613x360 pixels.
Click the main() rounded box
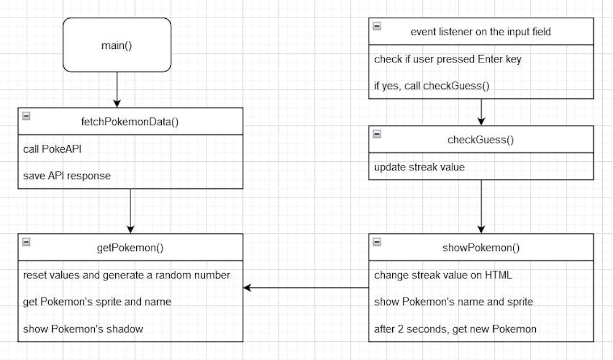click(116, 45)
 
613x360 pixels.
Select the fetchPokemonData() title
click(131, 122)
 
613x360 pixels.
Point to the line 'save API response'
click(67, 175)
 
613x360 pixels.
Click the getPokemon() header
click(131, 248)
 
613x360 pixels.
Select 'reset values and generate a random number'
click(127, 275)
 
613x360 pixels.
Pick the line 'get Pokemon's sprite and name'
click(97, 302)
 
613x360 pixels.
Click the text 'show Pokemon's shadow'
click(83, 328)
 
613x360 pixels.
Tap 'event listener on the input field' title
click(480, 32)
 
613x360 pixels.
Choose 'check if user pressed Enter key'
click(447, 60)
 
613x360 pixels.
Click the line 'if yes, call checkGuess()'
click(431, 86)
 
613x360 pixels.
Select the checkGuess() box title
click(481, 140)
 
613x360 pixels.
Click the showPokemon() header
click(481, 248)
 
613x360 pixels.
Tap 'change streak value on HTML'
click(443, 275)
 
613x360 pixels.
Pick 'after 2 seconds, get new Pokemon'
click(455, 328)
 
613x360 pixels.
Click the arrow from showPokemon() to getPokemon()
click(306, 288)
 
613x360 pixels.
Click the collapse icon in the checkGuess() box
click(377, 134)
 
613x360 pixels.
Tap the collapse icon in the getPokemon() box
click(26, 242)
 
